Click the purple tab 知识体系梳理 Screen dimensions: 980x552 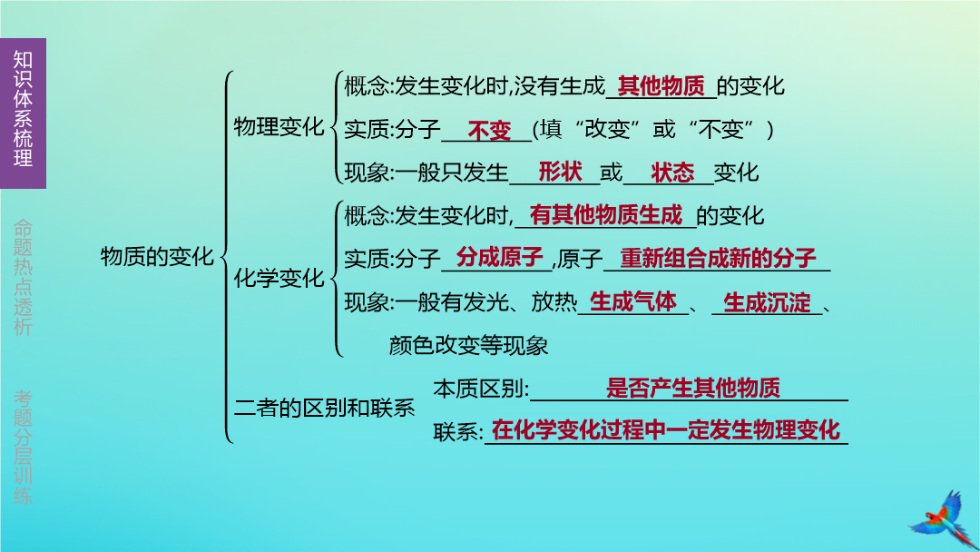(x=23, y=113)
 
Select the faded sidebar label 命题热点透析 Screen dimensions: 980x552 (x=23, y=277)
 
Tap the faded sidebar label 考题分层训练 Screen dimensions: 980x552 (x=23, y=447)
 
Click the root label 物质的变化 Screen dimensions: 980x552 (x=157, y=256)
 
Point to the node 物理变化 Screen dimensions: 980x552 (x=279, y=127)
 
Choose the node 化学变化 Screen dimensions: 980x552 (x=279, y=278)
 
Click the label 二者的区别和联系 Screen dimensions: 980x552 (x=324, y=409)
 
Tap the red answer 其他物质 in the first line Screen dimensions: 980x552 (x=661, y=86)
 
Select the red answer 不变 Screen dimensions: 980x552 (x=489, y=131)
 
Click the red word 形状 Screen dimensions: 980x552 (x=561, y=172)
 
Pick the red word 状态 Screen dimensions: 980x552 (x=672, y=172)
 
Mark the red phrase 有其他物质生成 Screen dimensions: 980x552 (x=605, y=215)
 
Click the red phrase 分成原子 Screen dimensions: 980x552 (x=499, y=257)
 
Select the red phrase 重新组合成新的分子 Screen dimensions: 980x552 (x=718, y=258)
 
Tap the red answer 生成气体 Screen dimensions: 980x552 (x=633, y=302)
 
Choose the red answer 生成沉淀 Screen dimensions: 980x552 (x=767, y=303)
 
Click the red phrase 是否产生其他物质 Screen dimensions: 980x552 (x=693, y=389)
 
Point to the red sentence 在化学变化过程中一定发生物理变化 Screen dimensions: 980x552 (x=666, y=430)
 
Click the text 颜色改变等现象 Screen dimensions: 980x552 (x=469, y=345)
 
